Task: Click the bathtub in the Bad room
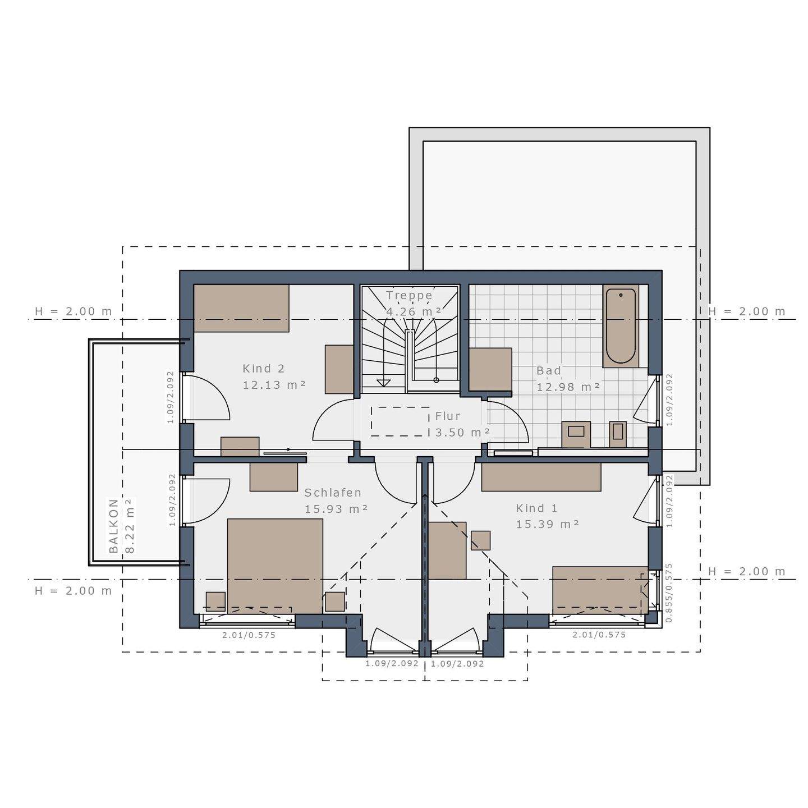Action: point(621,326)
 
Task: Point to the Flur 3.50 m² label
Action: point(462,424)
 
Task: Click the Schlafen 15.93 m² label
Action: point(336,501)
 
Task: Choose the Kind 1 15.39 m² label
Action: point(547,516)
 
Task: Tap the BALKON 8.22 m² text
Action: point(122,526)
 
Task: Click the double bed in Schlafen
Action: point(275,566)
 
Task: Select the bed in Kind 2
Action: point(241,308)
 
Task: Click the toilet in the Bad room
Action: point(617,433)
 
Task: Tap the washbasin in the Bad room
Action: point(576,434)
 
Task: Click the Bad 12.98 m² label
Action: point(568,379)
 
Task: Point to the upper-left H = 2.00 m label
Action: point(73,311)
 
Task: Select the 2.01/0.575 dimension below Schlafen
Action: point(249,635)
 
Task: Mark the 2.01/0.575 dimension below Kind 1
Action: point(599,635)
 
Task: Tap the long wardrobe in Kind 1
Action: point(541,477)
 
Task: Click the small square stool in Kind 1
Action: point(480,540)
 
